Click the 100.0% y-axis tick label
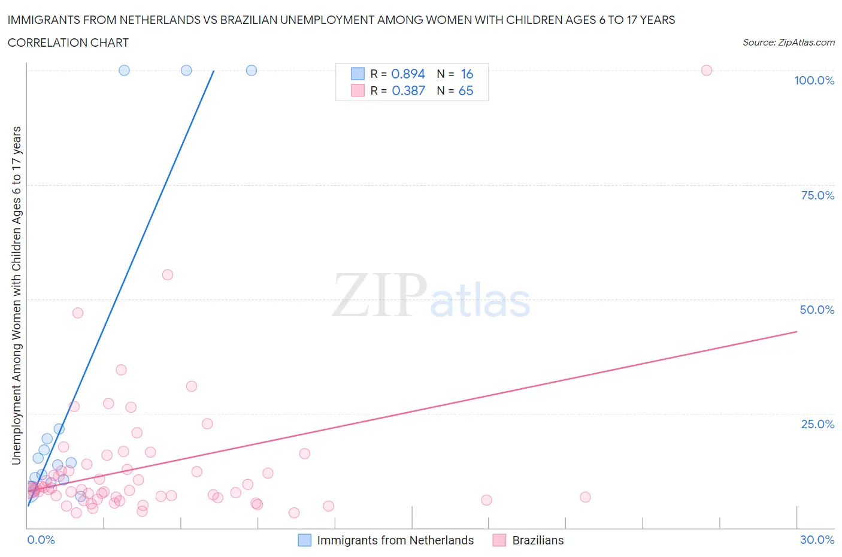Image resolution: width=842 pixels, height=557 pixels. [814, 80]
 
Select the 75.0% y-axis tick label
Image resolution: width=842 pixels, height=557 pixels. [817, 195]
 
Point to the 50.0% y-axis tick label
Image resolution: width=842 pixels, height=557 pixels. [817, 310]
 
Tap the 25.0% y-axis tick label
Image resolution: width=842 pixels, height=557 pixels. [817, 424]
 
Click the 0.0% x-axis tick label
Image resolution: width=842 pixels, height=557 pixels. [41, 540]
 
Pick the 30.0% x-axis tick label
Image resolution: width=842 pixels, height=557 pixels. [817, 540]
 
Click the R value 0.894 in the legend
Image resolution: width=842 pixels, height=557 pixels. [408, 74]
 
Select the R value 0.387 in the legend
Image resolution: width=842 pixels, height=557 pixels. [408, 90]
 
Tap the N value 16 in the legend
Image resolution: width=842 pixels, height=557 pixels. [467, 74]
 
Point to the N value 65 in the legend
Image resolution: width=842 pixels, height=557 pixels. [465, 90]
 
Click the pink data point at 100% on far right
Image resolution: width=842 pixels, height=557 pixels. [706, 70]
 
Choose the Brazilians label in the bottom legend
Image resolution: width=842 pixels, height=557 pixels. [538, 540]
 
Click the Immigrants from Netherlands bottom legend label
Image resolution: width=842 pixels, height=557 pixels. [395, 540]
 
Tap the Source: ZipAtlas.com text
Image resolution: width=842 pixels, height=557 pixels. [788, 43]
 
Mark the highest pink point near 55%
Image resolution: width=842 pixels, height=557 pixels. [168, 275]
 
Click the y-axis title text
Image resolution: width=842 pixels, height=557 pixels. [17, 295]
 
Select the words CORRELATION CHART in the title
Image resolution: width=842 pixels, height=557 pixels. [68, 43]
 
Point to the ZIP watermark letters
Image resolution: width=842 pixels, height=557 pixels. [379, 295]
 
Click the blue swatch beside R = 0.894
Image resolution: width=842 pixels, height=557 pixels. [358, 74]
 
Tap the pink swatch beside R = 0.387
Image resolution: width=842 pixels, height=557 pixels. [358, 90]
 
